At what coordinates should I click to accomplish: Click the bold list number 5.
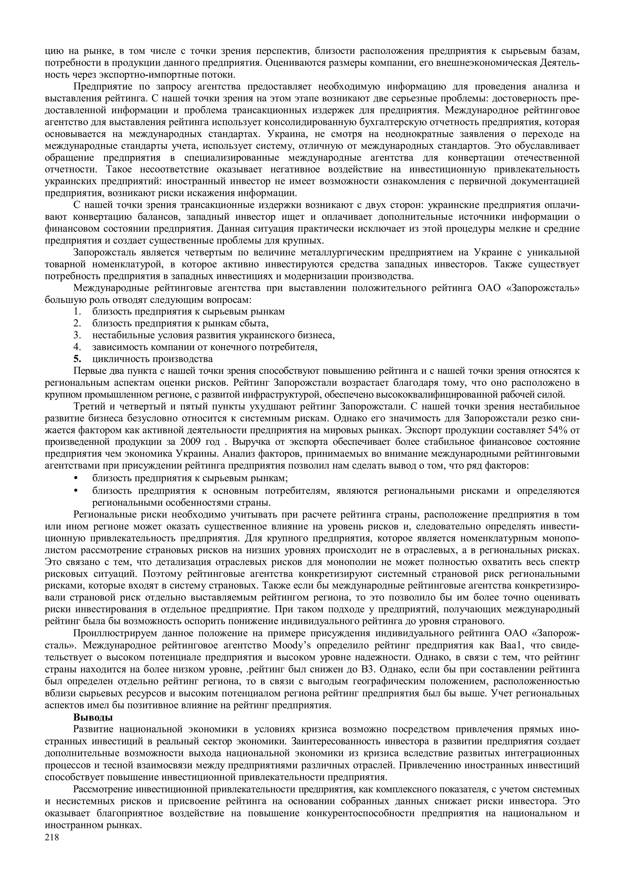77,359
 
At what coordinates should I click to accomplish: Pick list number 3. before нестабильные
77,335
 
